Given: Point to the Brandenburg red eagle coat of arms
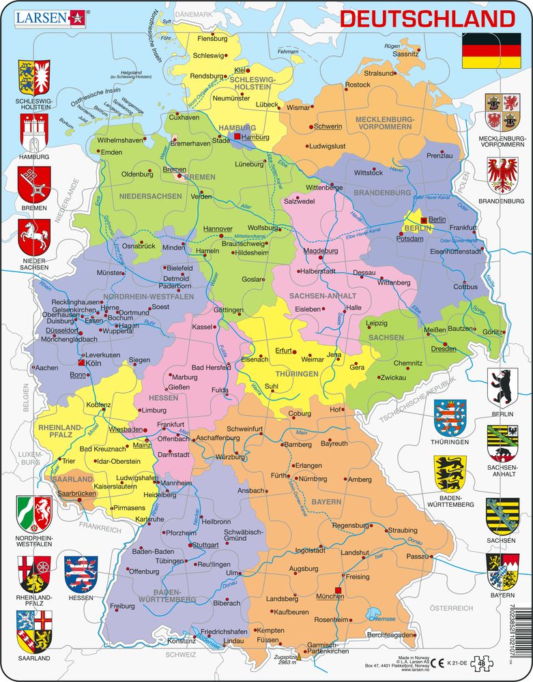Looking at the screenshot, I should click(502, 175).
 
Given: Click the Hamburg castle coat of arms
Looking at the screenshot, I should click(34, 132).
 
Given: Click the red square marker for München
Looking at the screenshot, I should click(337, 591).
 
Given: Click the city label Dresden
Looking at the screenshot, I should click(444, 349).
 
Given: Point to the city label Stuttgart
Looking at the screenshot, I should click(205, 545).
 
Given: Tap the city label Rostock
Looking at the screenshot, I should click(357, 85).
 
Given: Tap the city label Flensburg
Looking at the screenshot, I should click(212, 39).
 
